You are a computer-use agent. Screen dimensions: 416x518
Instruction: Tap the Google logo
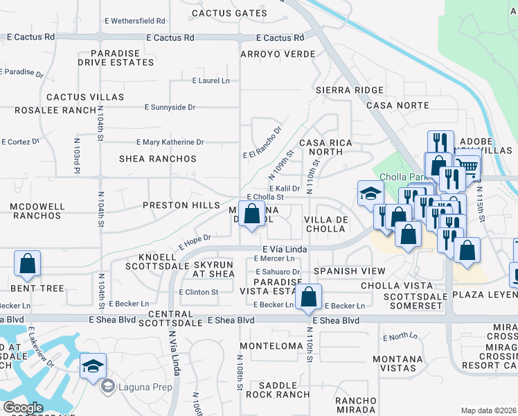[x=23, y=407]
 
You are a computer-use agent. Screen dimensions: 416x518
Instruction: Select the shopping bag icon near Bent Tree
[x=27, y=263]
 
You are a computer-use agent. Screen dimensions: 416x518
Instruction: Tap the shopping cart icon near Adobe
[x=468, y=167]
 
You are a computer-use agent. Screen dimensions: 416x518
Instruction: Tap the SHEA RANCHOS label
[x=158, y=159]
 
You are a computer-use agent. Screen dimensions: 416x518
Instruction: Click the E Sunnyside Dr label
[x=170, y=107]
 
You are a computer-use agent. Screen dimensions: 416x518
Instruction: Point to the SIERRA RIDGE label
[x=349, y=90]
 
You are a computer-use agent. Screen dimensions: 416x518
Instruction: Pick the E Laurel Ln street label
[x=211, y=81]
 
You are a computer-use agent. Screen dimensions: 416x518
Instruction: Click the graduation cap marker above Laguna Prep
[x=93, y=367]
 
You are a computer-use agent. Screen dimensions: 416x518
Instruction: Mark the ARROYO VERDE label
[x=278, y=54]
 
